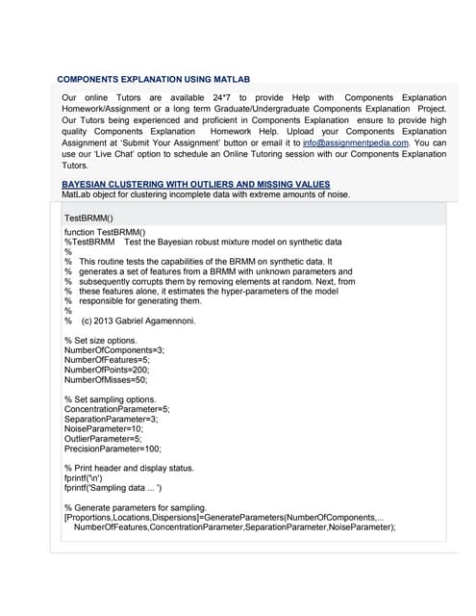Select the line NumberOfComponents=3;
pos(113,350)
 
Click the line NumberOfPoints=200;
pos(107,370)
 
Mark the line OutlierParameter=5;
pos(103,439)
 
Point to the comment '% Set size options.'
pos(101,341)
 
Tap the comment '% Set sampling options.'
pos(110,399)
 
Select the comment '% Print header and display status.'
pos(129,468)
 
